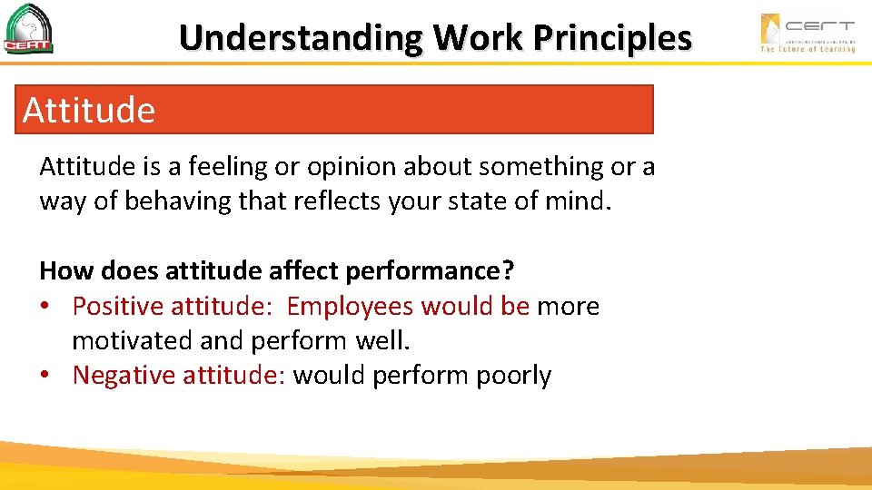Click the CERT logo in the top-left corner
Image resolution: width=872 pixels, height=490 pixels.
tap(29, 29)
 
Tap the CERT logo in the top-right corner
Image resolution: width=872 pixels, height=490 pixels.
tap(807, 32)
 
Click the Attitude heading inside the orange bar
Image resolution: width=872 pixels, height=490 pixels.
tap(89, 111)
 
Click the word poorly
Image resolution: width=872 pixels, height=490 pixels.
tap(514, 375)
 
